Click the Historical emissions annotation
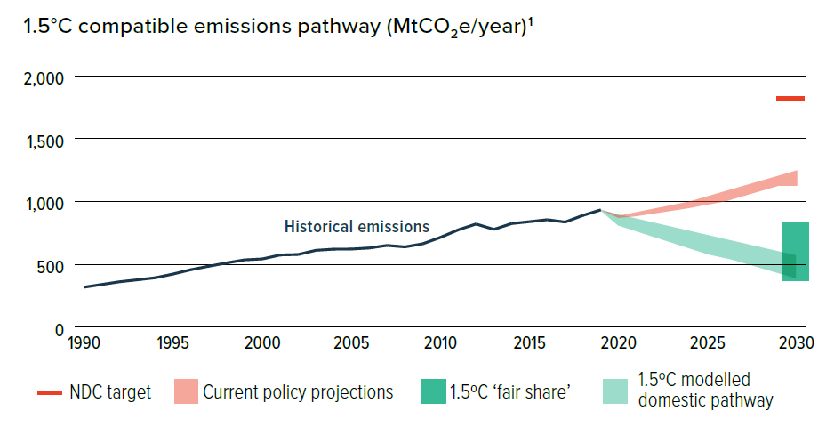[x=357, y=227]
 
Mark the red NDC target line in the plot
[x=790, y=98]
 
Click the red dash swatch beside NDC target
[x=49, y=392]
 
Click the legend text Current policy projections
[x=298, y=392]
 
